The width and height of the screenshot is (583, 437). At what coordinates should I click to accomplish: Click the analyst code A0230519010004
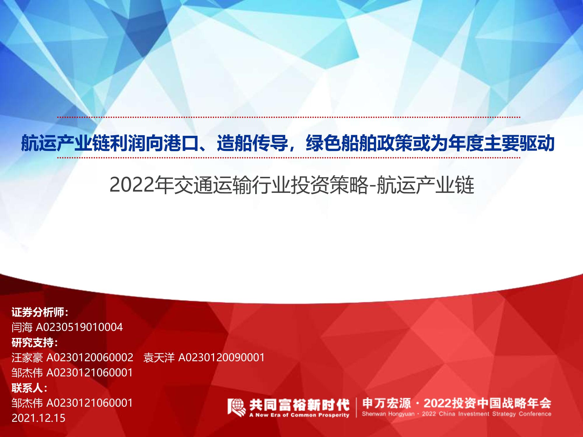(x=79, y=327)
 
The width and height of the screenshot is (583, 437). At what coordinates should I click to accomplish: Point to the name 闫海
(x=22, y=327)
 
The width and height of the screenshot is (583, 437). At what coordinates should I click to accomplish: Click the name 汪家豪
(x=27, y=357)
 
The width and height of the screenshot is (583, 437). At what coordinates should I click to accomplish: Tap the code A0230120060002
(x=90, y=357)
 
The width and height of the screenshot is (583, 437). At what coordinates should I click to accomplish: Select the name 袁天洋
(x=159, y=357)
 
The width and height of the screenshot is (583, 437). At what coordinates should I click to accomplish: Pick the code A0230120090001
(x=221, y=357)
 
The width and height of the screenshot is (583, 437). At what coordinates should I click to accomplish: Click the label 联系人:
(x=29, y=388)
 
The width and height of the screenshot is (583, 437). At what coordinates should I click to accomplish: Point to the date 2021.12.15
(x=38, y=418)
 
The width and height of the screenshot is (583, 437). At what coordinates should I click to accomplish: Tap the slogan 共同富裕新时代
(x=299, y=404)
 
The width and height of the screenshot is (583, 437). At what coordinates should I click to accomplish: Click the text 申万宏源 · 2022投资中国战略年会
(x=457, y=403)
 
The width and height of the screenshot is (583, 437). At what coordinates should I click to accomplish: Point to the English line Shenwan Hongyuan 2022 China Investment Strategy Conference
(x=457, y=414)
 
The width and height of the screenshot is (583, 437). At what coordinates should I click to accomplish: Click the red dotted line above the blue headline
(x=289, y=117)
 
